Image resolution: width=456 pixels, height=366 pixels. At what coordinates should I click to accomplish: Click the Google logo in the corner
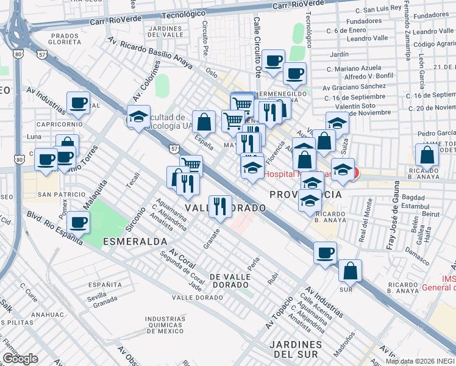pyautogui.click(x=20, y=359)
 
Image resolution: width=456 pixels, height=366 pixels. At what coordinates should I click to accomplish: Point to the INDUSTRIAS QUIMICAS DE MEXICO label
pyautogui.click(x=165, y=325)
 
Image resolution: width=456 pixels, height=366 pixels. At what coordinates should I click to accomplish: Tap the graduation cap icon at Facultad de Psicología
pyautogui.click(x=138, y=117)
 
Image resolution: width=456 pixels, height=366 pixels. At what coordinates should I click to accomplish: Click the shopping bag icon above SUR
pyautogui.click(x=350, y=270)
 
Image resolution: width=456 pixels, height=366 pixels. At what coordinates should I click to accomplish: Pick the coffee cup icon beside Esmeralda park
pyautogui.click(x=78, y=222)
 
